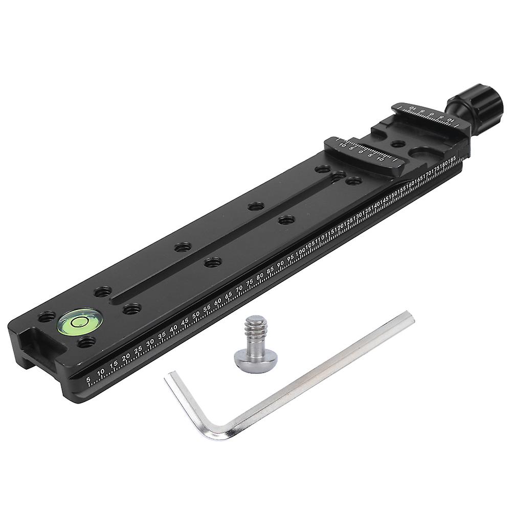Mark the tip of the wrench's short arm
(x=168, y=378)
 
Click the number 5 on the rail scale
(x=88, y=379)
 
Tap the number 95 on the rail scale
(x=291, y=257)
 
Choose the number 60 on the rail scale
(x=218, y=302)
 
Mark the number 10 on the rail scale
(x=101, y=371)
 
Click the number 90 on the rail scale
(x=280, y=264)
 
